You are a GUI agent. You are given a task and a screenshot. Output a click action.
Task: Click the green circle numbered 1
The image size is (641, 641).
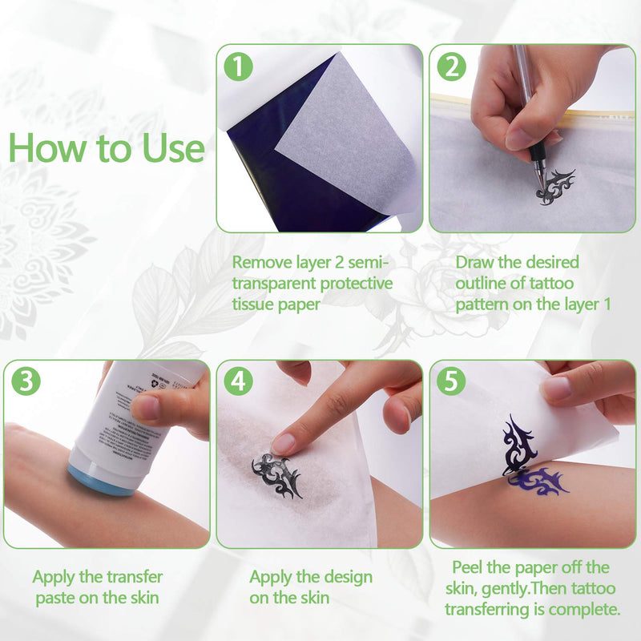coord(237,67)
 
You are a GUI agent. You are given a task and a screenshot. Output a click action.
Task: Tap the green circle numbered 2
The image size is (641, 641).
coord(451,67)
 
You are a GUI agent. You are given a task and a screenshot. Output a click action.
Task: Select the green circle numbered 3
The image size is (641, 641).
coord(25,381)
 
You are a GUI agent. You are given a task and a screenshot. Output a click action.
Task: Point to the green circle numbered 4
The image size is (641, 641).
coord(238,381)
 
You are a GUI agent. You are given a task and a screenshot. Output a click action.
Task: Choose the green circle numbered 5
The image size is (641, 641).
coord(452,381)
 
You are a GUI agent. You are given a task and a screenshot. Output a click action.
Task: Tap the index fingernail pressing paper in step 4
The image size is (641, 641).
coord(284,443)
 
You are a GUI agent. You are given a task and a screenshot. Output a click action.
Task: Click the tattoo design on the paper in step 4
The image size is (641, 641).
coord(276,474)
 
